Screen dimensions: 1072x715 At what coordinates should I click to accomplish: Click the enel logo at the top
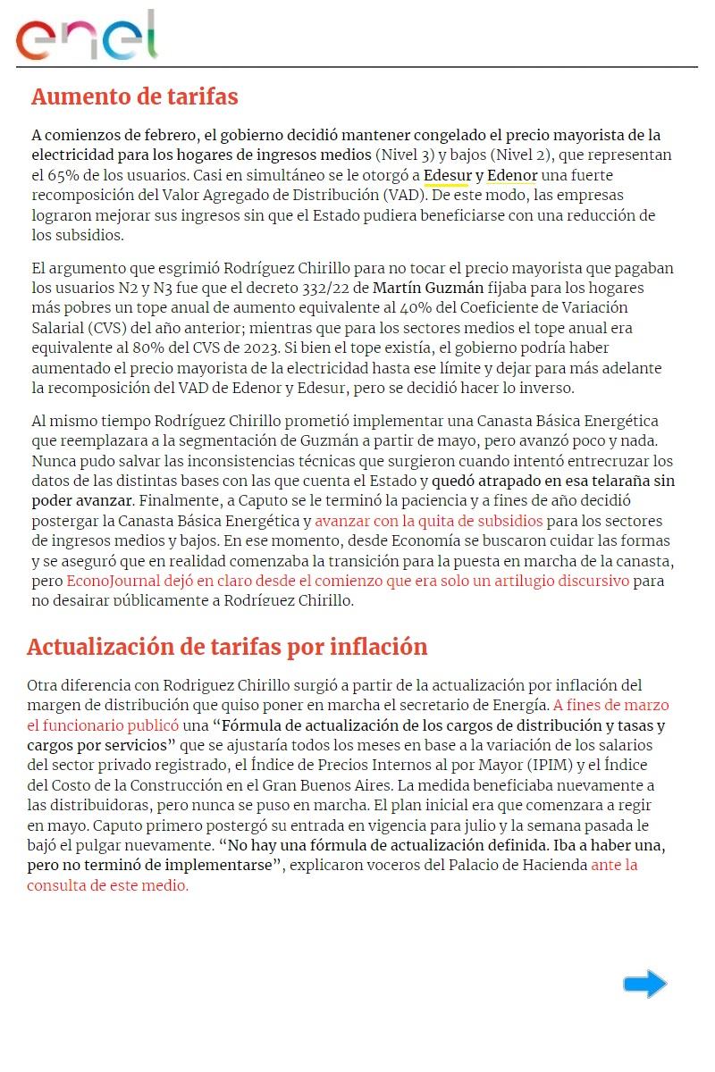point(87,37)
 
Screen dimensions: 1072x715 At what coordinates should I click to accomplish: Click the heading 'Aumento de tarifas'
point(134,96)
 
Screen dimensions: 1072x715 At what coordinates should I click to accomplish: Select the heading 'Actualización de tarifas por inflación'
point(227,647)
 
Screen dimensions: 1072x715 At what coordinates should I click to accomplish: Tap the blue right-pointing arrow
point(645,984)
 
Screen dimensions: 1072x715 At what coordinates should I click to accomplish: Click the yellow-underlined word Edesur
point(447,175)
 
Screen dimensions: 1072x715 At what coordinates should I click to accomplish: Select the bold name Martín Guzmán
point(428,289)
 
